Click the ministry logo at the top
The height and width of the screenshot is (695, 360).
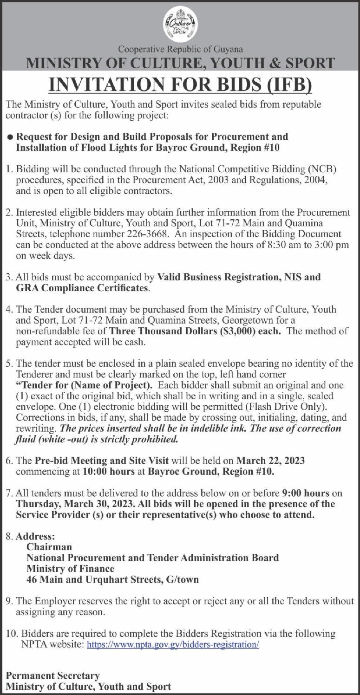[180, 25]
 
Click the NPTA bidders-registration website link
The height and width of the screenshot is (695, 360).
[173, 645]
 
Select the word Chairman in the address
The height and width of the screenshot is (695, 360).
[49, 547]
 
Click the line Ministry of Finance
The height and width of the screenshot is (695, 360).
[70, 568]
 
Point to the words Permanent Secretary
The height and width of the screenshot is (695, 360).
[52, 676]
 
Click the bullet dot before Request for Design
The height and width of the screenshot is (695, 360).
[10, 137]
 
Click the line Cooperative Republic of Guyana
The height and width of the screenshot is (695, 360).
[180, 49]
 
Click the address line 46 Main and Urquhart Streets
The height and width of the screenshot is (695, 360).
[112, 579]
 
